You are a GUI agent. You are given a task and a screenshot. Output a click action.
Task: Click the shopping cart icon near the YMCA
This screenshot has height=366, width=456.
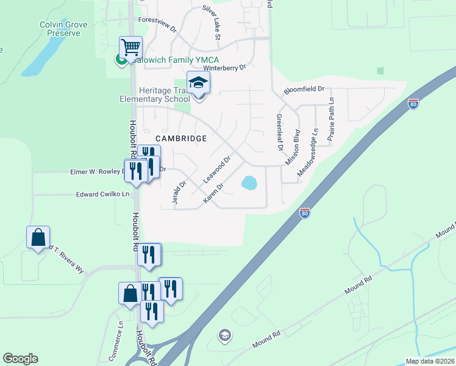[x=131, y=46]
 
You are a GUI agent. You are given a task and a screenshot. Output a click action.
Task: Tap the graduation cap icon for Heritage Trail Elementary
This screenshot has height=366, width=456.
[x=198, y=82]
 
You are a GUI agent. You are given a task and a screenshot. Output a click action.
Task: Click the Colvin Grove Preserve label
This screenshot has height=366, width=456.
[x=63, y=29]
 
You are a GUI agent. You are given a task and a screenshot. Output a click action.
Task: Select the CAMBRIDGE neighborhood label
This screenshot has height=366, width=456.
[x=180, y=138]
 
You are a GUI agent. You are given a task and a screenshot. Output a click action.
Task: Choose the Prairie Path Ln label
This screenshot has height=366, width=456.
[x=331, y=120]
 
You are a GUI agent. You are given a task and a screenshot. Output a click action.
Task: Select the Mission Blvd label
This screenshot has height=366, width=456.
[x=293, y=147]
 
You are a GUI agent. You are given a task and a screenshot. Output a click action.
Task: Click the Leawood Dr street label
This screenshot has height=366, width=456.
[x=217, y=170]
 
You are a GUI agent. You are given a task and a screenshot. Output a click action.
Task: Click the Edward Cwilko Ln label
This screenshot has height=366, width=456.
[x=102, y=195]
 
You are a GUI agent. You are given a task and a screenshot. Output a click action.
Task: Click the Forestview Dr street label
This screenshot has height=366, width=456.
[x=157, y=29]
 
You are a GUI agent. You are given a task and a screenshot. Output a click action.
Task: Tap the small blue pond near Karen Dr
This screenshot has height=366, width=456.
[x=249, y=182]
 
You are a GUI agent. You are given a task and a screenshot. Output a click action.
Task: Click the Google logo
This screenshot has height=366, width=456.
[x=20, y=359]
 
